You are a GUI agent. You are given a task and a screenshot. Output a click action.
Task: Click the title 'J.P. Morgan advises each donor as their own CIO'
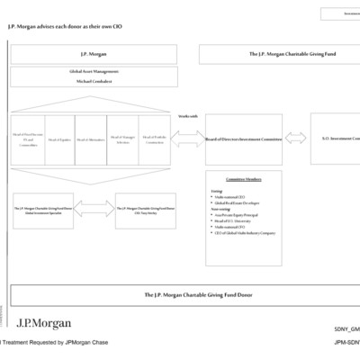click(65, 26)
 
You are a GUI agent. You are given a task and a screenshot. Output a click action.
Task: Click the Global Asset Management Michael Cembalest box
click(94, 76)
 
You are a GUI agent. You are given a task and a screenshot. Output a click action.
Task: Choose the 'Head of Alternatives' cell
click(90, 139)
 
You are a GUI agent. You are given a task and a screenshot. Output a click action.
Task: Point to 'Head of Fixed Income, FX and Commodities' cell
click(27, 139)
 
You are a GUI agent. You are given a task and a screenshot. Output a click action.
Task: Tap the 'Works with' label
click(188, 116)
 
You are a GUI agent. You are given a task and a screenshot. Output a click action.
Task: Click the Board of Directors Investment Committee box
click(243, 139)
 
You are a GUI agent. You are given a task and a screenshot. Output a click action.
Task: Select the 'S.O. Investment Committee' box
click(335, 139)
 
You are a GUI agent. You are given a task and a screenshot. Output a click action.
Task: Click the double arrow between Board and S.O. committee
click(296, 139)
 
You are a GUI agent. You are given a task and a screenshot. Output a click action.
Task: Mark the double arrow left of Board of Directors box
click(188, 139)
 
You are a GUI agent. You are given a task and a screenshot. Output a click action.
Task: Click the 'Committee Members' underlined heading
click(243, 179)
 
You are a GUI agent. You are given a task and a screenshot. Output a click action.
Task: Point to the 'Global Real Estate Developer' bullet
click(239, 204)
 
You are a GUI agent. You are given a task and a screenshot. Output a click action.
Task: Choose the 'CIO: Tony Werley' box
click(145, 210)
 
